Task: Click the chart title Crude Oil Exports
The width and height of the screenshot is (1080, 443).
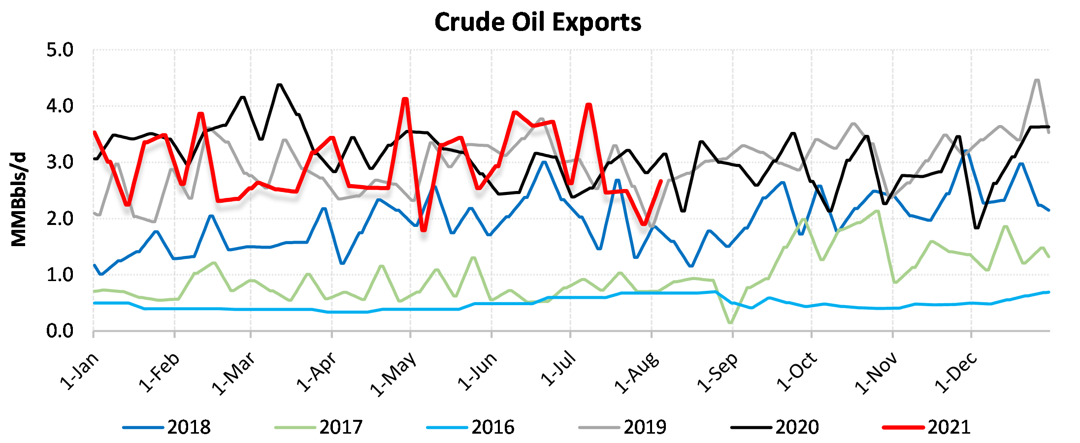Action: pyautogui.click(x=538, y=22)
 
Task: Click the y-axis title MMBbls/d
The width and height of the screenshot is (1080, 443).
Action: pyautogui.click(x=19, y=199)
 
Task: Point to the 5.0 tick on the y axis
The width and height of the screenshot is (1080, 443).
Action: pyautogui.click(x=60, y=50)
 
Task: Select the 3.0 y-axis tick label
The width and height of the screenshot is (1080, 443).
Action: pyautogui.click(x=60, y=162)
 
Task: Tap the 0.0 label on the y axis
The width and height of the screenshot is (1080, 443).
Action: pyautogui.click(x=60, y=331)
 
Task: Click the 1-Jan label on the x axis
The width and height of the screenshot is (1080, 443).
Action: pyautogui.click(x=80, y=371)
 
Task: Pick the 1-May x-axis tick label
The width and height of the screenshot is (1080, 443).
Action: pyautogui.click(x=393, y=374)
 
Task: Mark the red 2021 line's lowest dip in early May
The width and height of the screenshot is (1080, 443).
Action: pyautogui.click(x=424, y=230)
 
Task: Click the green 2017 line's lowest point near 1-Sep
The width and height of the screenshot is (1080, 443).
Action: pyautogui.click(x=730, y=323)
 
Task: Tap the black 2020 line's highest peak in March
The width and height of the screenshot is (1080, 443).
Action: pyautogui.click(x=280, y=85)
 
